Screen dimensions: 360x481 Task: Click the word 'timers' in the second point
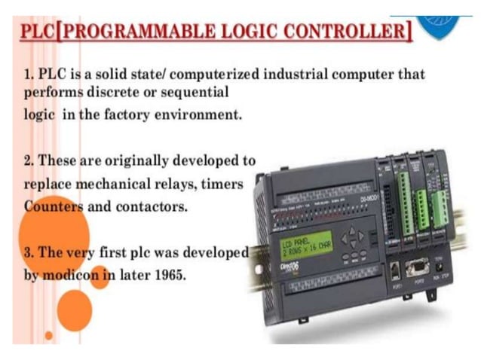[224, 183]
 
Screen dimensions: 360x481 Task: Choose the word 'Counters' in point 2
[54, 206]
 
